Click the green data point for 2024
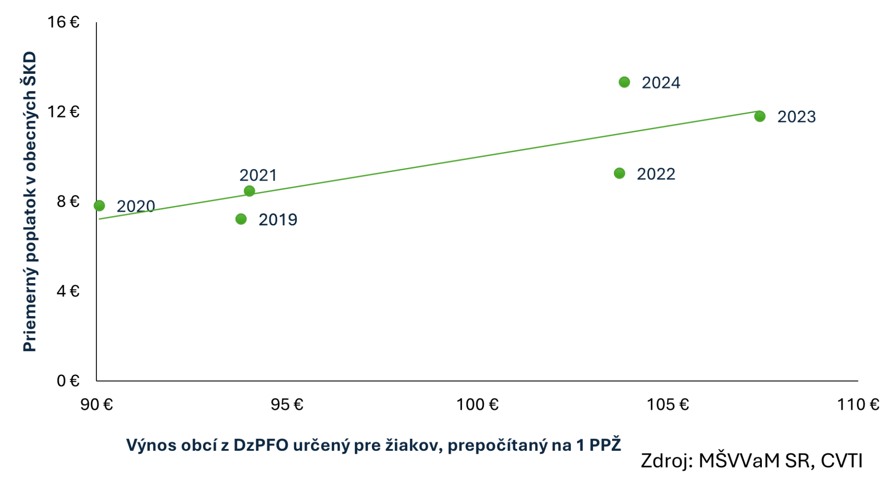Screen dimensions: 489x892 click(624, 82)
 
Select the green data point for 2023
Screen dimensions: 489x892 click(760, 116)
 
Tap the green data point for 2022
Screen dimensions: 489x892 click(619, 173)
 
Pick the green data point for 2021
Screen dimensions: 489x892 click(249, 191)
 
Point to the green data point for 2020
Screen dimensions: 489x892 click(99, 206)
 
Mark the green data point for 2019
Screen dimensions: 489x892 click(241, 219)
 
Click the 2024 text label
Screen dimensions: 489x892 click(661, 83)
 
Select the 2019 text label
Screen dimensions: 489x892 click(278, 220)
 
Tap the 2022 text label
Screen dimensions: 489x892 click(656, 174)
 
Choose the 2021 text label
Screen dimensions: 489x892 click(258, 175)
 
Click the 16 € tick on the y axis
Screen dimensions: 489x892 click(63, 22)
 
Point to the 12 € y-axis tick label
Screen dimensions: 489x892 click(63, 112)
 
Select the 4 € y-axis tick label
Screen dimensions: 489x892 click(68, 290)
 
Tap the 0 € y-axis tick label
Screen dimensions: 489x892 click(68, 381)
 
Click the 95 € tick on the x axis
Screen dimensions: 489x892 click(287, 404)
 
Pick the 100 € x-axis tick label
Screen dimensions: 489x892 click(477, 404)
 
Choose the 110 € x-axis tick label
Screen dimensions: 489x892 click(858, 404)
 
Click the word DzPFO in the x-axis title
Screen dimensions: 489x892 click(261, 445)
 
